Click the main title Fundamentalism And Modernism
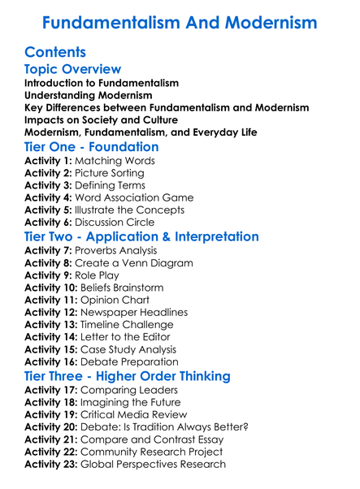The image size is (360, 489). (x=180, y=22)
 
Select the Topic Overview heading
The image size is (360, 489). (x=73, y=70)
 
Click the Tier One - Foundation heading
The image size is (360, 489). (x=92, y=147)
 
